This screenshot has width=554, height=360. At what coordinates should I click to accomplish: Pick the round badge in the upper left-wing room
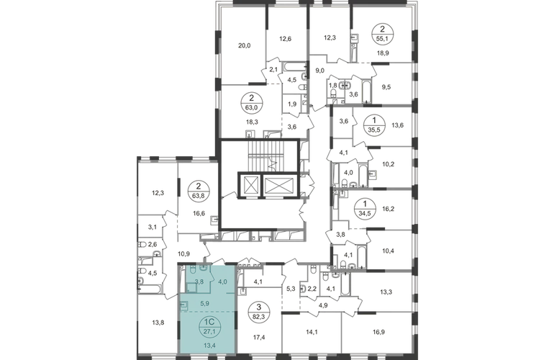pyautogui.click(x=196, y=192)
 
